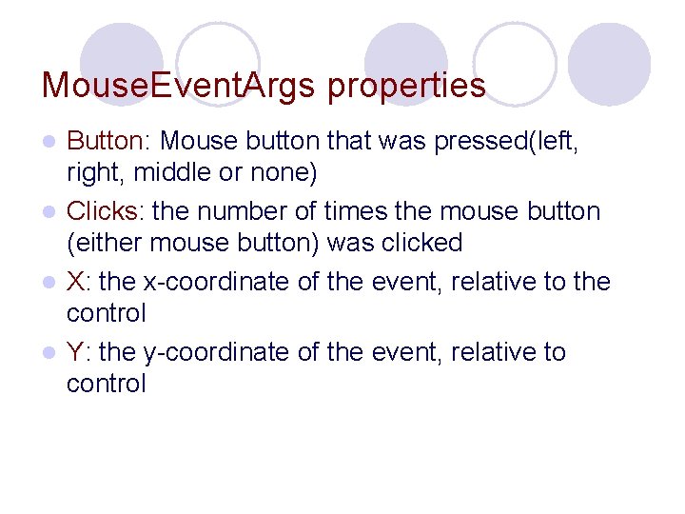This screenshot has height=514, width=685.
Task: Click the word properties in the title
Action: [x=406, y=87]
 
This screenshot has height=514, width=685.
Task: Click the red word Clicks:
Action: [x=106, y=210]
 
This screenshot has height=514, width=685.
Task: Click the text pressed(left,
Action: [x=504, y=142]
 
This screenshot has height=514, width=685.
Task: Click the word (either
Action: [x=101, y=243]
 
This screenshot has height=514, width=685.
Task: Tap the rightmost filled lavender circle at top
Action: [x=609, y=63]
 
